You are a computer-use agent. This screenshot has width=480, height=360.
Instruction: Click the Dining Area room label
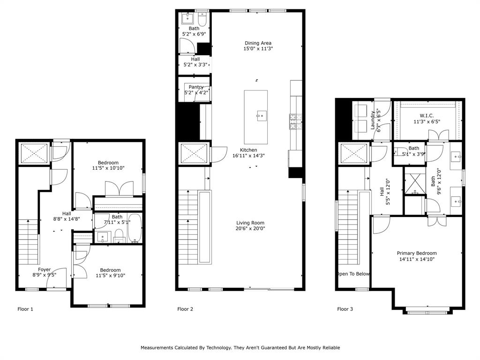[258, 43]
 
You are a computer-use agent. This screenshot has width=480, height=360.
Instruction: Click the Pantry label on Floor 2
[196, 87]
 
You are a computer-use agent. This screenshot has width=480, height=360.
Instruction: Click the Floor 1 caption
[25, 309]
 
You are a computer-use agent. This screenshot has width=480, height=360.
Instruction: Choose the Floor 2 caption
[185, 309]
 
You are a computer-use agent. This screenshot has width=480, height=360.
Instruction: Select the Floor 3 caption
[345, 309]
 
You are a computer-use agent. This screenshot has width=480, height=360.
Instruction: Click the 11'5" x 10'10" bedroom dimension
[108, 168]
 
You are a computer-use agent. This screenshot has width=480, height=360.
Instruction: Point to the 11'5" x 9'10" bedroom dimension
[110, 276]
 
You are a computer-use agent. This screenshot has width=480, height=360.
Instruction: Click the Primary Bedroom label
[417, 253]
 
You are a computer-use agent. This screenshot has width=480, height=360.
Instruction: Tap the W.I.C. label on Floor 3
[427, 116]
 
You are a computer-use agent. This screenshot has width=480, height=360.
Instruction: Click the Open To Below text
[353, 274]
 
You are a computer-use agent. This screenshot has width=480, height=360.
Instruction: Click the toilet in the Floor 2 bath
[202, 19]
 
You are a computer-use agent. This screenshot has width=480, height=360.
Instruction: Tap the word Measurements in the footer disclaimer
[160, 348]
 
